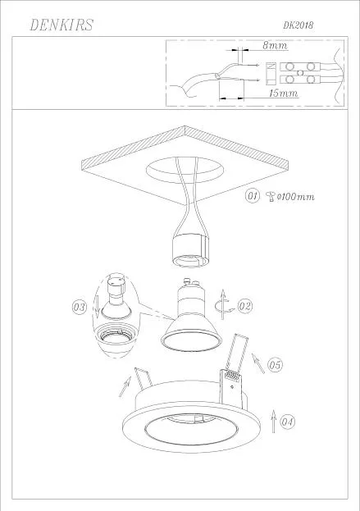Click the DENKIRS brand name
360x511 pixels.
coord(62,25)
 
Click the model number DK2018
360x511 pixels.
coord(298,25)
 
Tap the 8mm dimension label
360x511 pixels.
coord(276,45)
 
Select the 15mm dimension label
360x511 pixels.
coord(283,94)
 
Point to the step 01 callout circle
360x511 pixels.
coord(253,196)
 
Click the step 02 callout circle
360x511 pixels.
coord(244,306)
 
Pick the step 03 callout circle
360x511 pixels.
coord(80,308)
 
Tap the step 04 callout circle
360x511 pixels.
coord(287,422)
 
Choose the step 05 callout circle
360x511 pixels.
coord(275,365)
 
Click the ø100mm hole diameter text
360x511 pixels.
coord(296,197)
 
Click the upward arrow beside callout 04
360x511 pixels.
coord(274,421)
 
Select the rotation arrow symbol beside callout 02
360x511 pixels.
coord(222,305)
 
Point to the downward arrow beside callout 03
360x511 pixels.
coord(98,306)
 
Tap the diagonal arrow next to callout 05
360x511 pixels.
coord(258,363)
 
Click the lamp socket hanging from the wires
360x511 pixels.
coord(191,250)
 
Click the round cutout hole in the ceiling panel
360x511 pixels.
coord(185,170)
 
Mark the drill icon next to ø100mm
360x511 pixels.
coord(271,197)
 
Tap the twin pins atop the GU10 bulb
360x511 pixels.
coord(192,281)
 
